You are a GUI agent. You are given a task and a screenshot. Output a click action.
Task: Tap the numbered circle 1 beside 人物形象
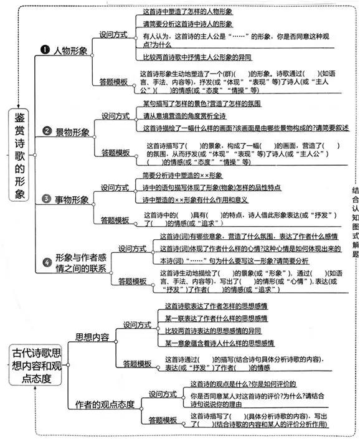(x=45, y=50)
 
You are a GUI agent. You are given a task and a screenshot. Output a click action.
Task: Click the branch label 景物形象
(x=72, y=131)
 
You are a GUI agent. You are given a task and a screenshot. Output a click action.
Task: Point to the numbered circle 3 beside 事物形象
(x=45, y=199)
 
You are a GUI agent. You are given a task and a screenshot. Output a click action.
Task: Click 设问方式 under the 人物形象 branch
(x=114, y=34)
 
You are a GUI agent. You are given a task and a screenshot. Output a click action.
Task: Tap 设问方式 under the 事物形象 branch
(x=115, y=187)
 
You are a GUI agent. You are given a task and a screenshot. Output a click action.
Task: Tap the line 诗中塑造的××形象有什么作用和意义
(x=195, y=200)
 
